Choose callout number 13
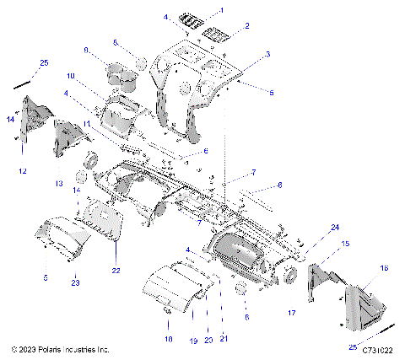pos(59,183)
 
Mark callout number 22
pos(116,270)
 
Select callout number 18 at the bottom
pos(167,337)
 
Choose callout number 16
pos(384,267)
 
